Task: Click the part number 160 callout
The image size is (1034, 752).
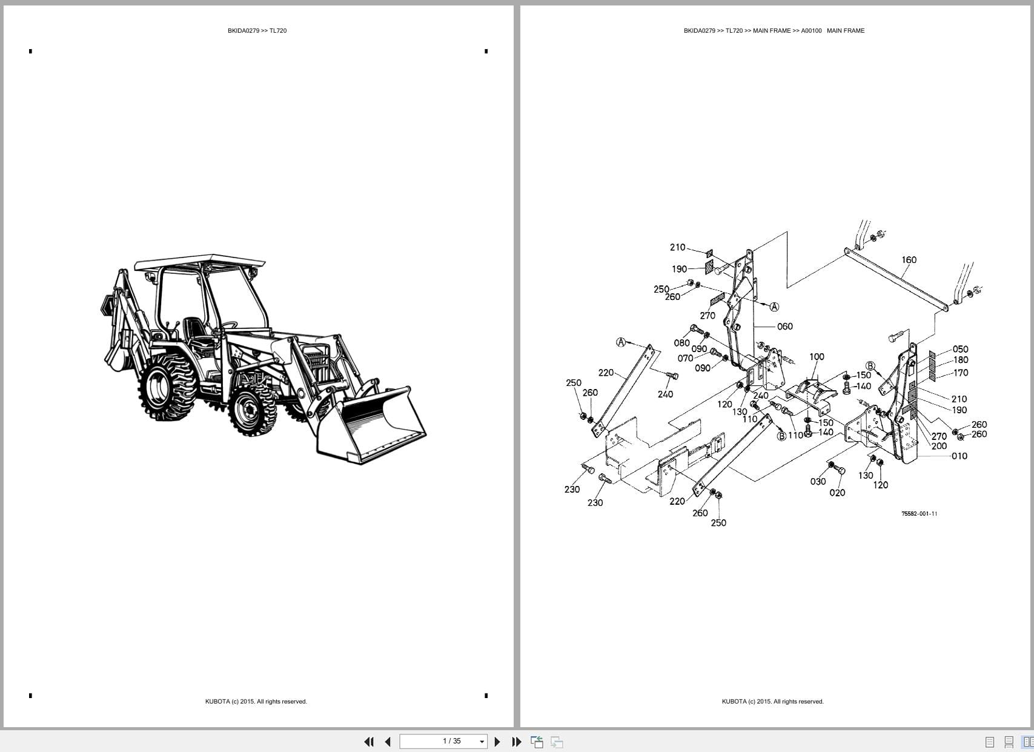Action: pos(909,260)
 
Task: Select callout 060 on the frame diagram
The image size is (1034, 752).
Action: pos(784,327)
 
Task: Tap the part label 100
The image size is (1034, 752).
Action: pos(817,356)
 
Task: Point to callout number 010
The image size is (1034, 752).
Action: pos(959,456)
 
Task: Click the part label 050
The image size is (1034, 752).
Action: pos(960,349)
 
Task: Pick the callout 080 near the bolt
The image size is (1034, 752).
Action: pos(681,343)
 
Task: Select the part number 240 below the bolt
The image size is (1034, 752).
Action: pos(665,394)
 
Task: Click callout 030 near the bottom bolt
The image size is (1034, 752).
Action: pos(818,481)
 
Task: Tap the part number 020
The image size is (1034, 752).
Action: pos(837,493)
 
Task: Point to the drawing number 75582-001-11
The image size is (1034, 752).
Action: pos(919,514)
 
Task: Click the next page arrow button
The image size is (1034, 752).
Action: pos(497,742)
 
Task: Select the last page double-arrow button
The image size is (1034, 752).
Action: pos(517,742)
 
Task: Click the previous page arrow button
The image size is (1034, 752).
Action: pos(388,742)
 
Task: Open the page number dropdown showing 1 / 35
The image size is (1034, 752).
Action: pos(482,742)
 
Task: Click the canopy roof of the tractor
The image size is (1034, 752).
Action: pos(200,262)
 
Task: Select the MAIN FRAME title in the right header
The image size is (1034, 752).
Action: pos(846,30)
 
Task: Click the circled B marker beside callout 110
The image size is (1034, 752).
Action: pos(781,436)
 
